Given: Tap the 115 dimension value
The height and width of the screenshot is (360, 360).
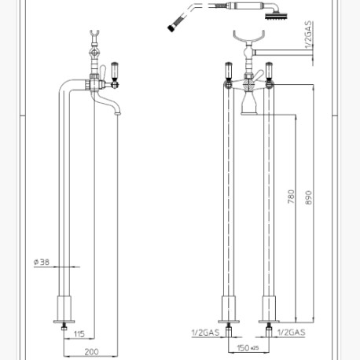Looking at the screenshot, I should [79, 336].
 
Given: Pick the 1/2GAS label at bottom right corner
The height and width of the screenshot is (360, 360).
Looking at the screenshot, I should [290, 333].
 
